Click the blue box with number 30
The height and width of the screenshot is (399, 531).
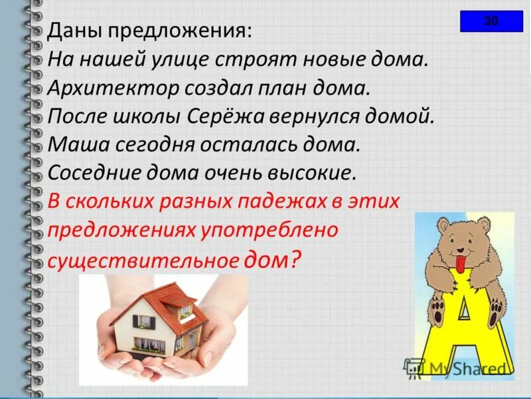pyautogui.click(x=491, y=21)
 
